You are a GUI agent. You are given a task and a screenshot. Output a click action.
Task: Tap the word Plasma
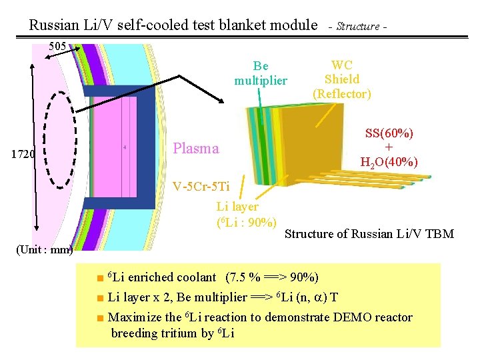pyautogui.click(x=195, y=148)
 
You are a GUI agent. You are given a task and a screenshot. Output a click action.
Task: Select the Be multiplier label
pyautogui.click(x=261, y=73)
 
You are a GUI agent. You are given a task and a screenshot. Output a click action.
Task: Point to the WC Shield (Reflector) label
pyautogui.click(x=342, y=79)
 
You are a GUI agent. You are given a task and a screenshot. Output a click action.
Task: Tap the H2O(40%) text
pyautogui.click(x=389, y=162)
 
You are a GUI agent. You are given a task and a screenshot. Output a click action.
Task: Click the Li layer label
pyautogui.click(x=237, y=207)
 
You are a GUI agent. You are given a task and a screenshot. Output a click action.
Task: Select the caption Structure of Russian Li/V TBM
pyautogui.click(x=369, y=234)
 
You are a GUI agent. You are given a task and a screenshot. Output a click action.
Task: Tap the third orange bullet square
pyautogui.click(x=99, y=318)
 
